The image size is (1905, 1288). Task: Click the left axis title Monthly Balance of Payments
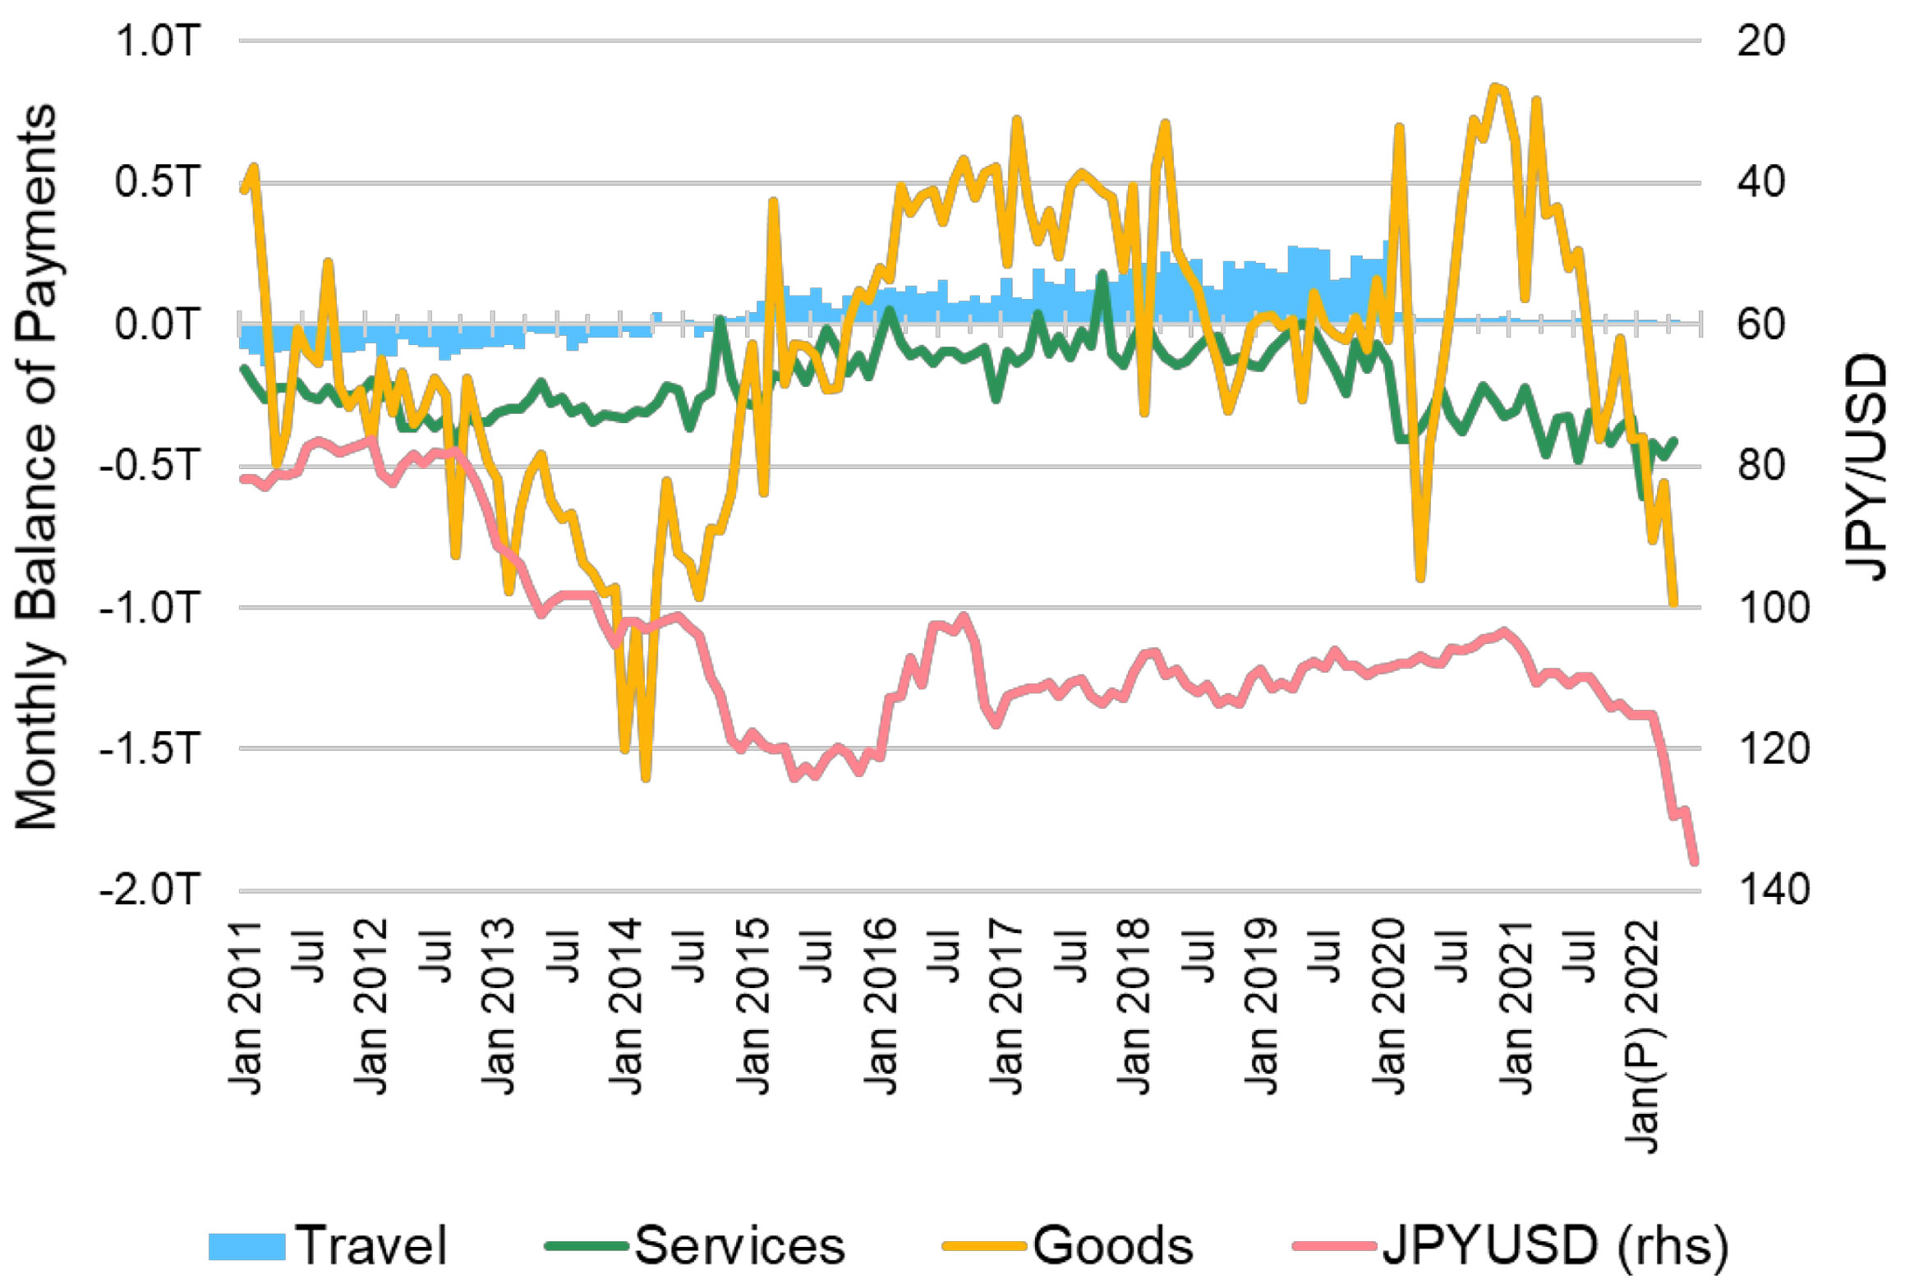(x=37, y=467)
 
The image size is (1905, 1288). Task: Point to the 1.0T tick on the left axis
(x=158, y=41)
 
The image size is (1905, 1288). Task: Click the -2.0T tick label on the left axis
(x=150, y=890)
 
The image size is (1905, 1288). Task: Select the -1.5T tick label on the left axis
(x=150, y=748)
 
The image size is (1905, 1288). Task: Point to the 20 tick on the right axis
(x=1761, y=41)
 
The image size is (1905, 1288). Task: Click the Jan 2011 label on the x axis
(x=245, y=1007)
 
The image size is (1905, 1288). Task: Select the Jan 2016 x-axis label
(x=880, y=1007)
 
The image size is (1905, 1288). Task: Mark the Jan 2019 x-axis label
(x=1262, y=1007)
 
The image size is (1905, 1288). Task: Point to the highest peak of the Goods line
(x=1496, y=86)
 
